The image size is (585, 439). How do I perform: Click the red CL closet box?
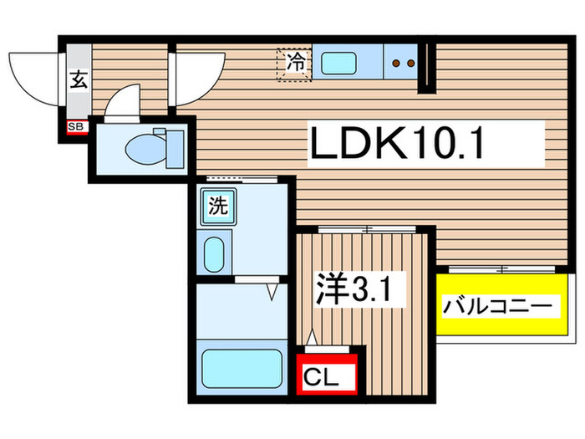coord(327,374)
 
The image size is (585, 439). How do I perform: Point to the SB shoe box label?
coord(76,127)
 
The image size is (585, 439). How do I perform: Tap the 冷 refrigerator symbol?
coord(294,62)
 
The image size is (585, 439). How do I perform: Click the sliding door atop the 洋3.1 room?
coord(365,228)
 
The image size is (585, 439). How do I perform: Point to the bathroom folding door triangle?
coord(272,290)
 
